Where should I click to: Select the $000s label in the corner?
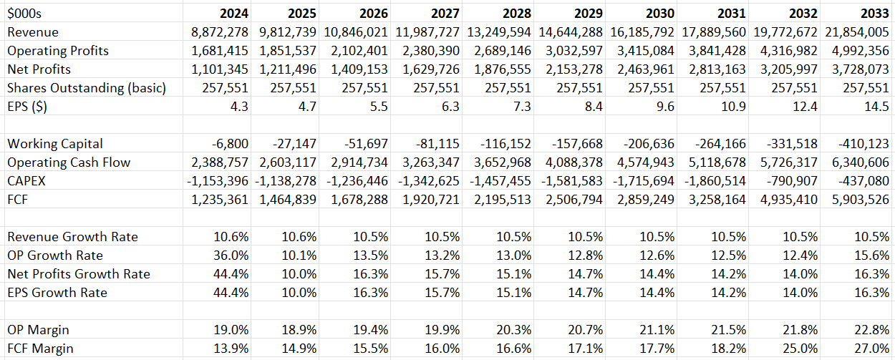pos(24,14)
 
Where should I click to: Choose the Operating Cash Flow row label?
pos(69,162)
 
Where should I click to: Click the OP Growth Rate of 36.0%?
pos(231,256)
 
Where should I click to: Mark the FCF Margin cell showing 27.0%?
pos(871,349)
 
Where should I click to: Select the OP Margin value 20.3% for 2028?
pos(513,330)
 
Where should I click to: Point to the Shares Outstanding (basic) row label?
pos(86,88)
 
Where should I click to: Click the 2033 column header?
pos(874,14)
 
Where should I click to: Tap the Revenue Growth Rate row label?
pos(72,237)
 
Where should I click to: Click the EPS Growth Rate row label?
pos(57,293)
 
